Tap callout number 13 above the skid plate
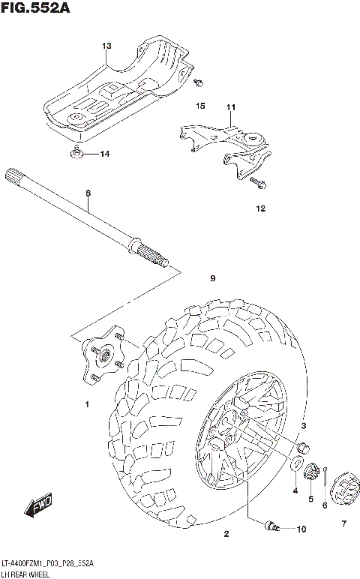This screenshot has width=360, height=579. pyautogui.click(x=106, y=46)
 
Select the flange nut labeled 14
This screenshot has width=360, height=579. pyautogui.click(x=78, y=154)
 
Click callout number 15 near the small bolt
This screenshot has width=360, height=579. pyautogui.click(x=200, y=106)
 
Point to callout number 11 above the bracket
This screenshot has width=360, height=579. pyautogui.click(x=230, y=107)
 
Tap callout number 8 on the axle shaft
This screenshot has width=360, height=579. pyautogui.click(x=88, y=193)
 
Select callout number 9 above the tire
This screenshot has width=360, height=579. pyautogui.click(x=212, y=279)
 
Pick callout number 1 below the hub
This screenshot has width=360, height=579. pyautogui.click(x=86, y=406)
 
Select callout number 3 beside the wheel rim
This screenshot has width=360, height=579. pyautogui.click(x=304, y=426)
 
